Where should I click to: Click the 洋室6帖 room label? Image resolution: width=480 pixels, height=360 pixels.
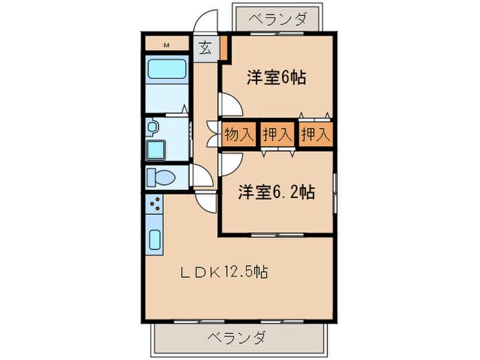[276, 78]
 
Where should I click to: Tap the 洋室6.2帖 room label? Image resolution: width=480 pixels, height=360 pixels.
[276, 193]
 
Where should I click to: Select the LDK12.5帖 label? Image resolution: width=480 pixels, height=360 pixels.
[224, 272]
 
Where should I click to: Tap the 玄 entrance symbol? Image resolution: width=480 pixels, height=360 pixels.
[205, 48]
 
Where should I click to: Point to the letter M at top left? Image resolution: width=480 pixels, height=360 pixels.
[167, 46]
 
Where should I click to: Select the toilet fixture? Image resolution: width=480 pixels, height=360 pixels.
[161, 177]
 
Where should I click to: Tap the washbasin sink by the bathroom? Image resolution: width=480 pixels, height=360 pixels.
[152, 127]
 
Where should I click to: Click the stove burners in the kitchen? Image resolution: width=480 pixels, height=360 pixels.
[155, 203]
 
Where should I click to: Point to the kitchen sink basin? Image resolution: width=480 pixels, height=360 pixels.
[154, 240]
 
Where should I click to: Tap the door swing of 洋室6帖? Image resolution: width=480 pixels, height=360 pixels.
[229, 104]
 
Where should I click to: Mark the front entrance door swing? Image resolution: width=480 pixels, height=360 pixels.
[205, 23]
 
